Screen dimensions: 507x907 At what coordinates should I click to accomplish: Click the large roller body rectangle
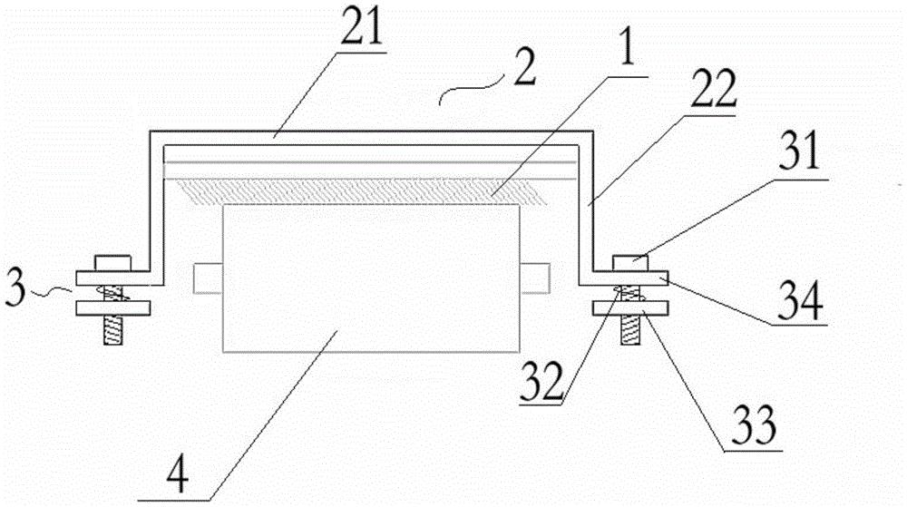371,278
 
